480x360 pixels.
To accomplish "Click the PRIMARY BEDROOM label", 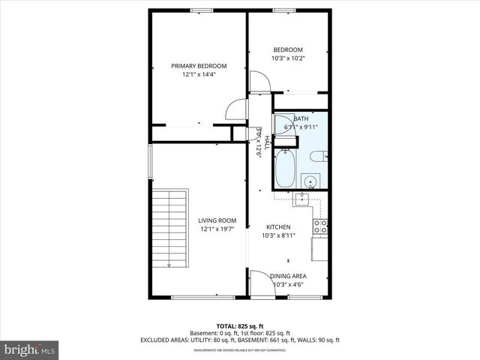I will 198,66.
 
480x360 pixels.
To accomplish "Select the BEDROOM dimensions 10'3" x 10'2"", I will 289,58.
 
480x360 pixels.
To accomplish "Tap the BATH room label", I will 301,118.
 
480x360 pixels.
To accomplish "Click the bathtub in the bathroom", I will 285,169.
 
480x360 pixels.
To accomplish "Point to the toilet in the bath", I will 319,156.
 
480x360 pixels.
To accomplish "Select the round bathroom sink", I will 309,181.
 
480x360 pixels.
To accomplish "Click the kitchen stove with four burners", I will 320,226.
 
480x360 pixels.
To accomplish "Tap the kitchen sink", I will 301,199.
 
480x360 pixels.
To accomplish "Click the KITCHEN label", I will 278,226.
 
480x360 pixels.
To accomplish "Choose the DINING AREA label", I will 288,276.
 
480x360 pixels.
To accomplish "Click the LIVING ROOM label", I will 217,220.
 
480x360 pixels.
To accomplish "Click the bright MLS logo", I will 30,349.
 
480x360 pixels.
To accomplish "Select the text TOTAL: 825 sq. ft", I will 240,325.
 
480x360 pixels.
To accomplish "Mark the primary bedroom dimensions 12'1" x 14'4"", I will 198,75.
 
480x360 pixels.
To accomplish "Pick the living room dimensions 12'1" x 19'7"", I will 217,229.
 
